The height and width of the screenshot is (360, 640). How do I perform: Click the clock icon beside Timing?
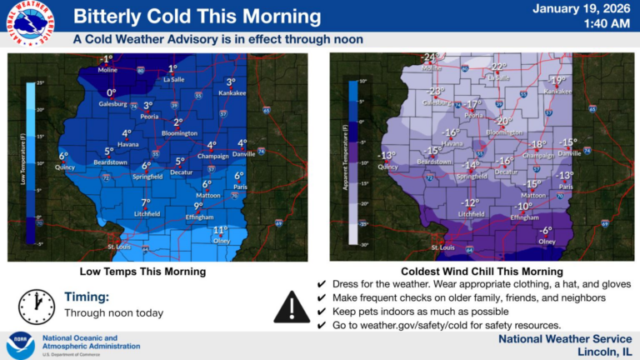[37, 307]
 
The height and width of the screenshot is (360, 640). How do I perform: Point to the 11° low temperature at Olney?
[220, 230]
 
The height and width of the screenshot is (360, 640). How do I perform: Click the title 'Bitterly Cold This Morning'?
[197, 17]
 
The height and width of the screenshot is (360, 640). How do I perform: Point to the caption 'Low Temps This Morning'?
[142, 272]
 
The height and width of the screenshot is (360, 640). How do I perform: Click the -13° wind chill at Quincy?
[386, 155]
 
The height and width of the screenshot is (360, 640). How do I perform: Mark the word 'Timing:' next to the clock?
[87, 296]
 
